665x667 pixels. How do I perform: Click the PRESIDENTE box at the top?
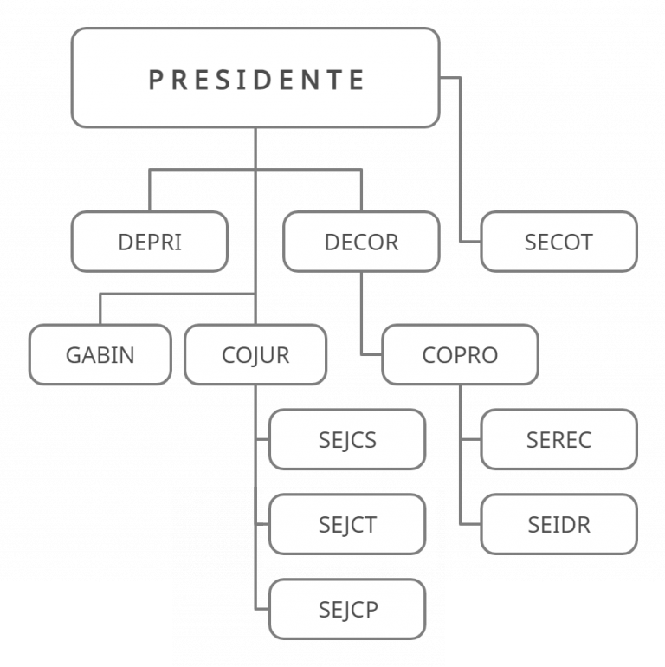pyautogui.click(x=255, y=78)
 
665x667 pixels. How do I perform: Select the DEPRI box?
pyautogui.click(x=150, y=242)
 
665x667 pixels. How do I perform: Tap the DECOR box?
pyautogui.click(x=361, y=242)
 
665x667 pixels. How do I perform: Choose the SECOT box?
pyautogui.click(x=558, y=242)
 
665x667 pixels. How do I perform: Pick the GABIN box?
pyautogui.click(x=100, y=354)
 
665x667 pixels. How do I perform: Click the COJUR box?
pyautogui.click(x=255, y=354)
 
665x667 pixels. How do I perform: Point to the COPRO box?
pyautogui.click(x=460, y=354)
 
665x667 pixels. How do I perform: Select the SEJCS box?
pyautogui.click(x=347, y=439)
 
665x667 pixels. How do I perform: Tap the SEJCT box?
pyautogui.click(x=347, y=524)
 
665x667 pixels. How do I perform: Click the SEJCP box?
pyautogui.click(x=347, y=609)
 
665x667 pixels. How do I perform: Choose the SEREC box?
pyautogui.click(x=558, y=439)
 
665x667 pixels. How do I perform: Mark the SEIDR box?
pyautogui.click(x=558, y=524)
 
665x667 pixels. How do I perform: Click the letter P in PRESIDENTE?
pyautogui.click(x=156, y=80)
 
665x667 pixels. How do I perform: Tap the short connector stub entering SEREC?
pyautogui.click(x=470, y=440)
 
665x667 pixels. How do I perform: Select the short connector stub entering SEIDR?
pyautogui.click(x=470, y=525)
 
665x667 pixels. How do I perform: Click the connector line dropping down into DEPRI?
pyautogui.click(x=150, y=191)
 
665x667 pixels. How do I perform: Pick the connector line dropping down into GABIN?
pyautogui.click(x=100, y=308)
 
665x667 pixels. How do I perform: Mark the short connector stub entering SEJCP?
pyautogui.click(x=262, y=609)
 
